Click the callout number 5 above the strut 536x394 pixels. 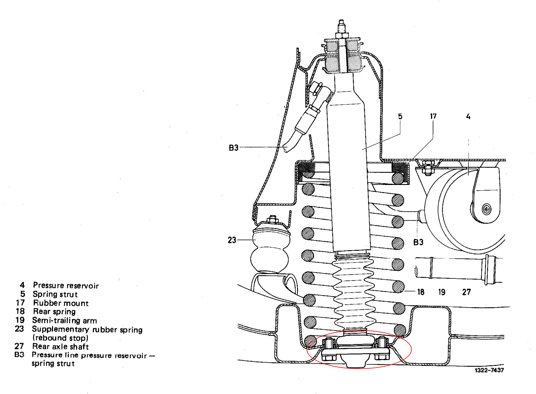coord(400,116)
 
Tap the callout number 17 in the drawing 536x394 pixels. coord(433,116)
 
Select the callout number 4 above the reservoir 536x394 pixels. coord(468,117)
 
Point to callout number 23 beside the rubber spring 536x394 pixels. coord(232,240)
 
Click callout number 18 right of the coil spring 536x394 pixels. coord(421,292)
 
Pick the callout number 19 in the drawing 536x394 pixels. coord(442,292)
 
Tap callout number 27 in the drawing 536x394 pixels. coord(466,292)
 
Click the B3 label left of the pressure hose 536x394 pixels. coord(233,148)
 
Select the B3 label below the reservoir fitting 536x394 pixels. coord(418,242)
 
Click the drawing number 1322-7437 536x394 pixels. coord(489,370)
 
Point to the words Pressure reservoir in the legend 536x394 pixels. coord(66,286)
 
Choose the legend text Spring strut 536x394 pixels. coord(55,294)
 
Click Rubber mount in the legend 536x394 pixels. coord(61,303)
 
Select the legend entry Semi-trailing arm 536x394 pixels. coord(65,321)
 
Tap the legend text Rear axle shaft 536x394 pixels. coord(61,347)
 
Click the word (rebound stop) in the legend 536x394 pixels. coord(61,338)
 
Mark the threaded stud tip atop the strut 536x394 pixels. coord(341,23)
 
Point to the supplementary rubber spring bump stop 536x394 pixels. coord(270,250)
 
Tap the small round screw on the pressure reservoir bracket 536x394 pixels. coord(487,210)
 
